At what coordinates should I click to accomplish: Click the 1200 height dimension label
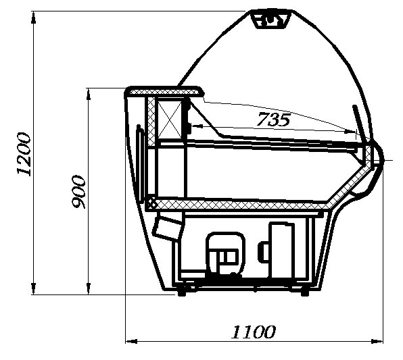(x=24, y=154)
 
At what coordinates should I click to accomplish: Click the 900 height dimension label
(x=78, y=192)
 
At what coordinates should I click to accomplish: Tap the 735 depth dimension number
(x=274, y=120)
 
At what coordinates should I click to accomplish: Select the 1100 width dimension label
(x=254, y=332)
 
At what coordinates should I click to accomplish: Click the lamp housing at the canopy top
(x=272, y=19)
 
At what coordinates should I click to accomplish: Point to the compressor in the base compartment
(x=225, y=253)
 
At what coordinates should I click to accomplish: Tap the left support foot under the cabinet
(x=182, y=291)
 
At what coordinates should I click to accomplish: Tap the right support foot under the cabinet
(x=304, y=292)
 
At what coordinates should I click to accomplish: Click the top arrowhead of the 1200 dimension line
(x=33, y=18)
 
